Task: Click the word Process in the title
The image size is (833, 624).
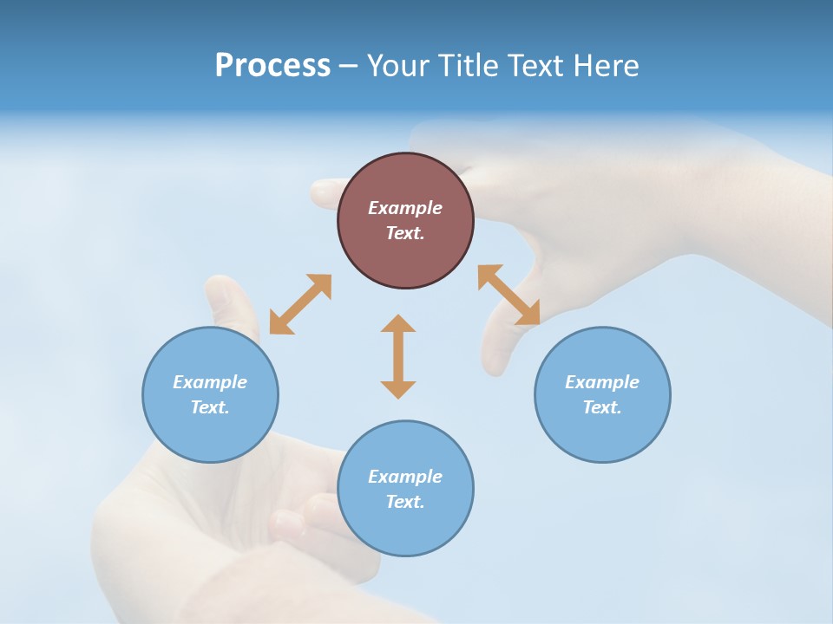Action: pos(272,66)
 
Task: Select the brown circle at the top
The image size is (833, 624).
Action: pos(405,221)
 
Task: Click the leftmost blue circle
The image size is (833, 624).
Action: pos(210,394)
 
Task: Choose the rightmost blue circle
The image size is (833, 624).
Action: pos(602,394)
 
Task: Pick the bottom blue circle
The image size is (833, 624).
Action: pos(405,489)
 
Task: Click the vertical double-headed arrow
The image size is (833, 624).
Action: pos(398,356)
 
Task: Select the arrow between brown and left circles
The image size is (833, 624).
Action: pos(300,304)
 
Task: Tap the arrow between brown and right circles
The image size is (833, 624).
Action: pos(509,295)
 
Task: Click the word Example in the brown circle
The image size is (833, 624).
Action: pos(405,208)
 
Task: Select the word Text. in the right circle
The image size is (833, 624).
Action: pos(602,407)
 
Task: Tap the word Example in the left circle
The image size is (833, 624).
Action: pos(210,382)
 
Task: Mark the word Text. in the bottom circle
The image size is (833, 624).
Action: pos(405,502)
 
